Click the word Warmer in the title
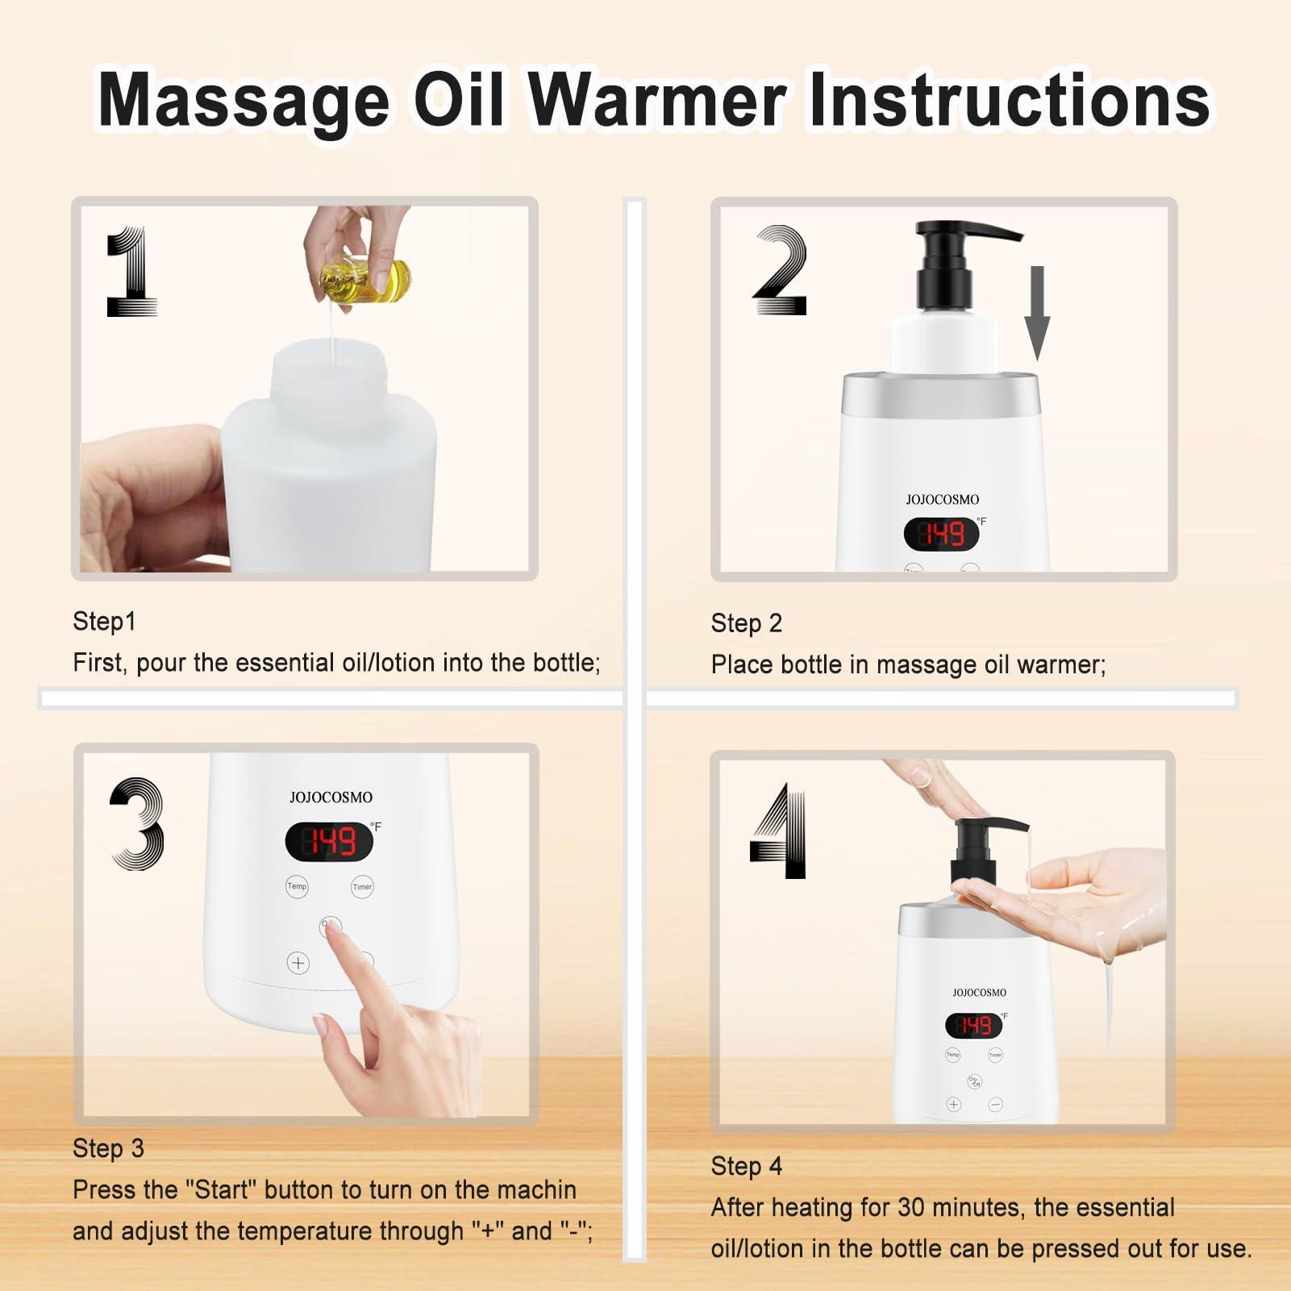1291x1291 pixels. click(x=657, y=101)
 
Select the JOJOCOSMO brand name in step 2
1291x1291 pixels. click(x=942, y=500)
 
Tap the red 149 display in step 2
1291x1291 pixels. click(x=942, y=534)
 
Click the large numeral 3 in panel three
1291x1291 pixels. click(x=137, y=823)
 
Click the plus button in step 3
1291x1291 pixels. click(x=298, y=963)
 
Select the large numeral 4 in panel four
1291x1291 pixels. click(x=778, y=831)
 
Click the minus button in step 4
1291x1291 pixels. click(x=995, y=1105)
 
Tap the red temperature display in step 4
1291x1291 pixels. click(x=973, y=1026)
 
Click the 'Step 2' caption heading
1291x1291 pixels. click(x=746, y=623)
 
